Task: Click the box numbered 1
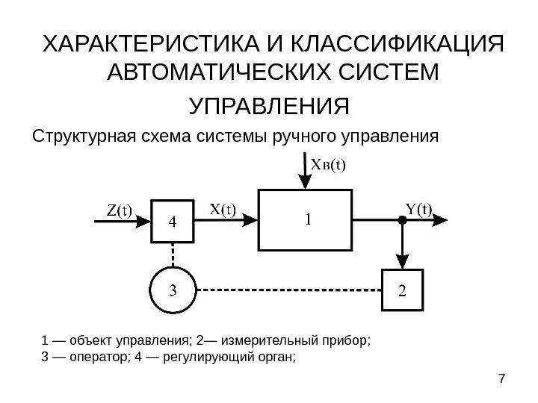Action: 305,220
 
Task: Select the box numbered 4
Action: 173,222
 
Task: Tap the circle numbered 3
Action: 172,290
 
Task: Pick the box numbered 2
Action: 403,289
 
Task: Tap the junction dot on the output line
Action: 403,220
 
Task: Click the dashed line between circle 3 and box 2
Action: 288,290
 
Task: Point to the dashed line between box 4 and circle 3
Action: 173,255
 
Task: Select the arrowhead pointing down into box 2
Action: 403,262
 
